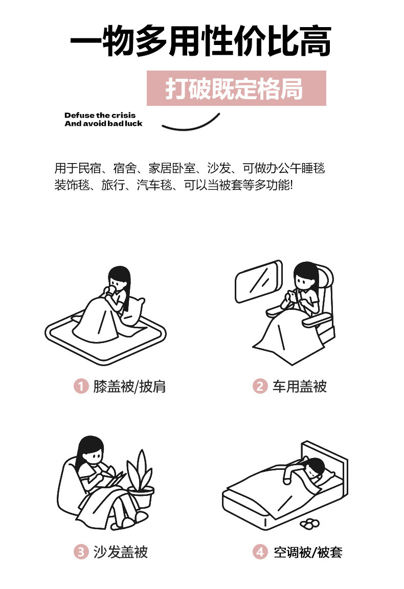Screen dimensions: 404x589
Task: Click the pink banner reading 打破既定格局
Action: [236, 88]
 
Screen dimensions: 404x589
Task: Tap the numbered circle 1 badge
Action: [80, 386]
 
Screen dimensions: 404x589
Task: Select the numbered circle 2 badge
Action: [260, 386]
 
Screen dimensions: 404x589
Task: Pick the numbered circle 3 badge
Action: [80, 552]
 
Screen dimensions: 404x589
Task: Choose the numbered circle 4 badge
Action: [260, 552]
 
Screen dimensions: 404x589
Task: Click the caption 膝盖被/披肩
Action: [129, 386]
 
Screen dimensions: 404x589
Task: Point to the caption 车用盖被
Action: [300, 386]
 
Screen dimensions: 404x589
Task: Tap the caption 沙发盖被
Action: [120, 552]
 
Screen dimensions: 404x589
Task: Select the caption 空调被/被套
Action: [308, 552]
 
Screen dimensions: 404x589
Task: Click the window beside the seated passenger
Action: [259, 281]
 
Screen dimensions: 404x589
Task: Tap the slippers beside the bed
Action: [310, 523]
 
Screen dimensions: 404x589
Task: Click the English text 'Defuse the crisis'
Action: [100, 116]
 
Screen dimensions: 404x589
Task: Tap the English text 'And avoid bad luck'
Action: [103, 124]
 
